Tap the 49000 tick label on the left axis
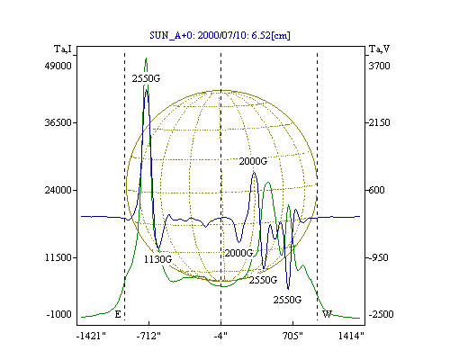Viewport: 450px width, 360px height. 58,66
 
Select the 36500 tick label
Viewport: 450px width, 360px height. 58,122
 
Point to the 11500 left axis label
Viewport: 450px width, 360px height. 58,257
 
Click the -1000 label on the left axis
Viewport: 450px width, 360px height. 59,314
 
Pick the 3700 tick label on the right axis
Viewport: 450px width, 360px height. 379,66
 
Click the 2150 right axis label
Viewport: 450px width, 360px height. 379,122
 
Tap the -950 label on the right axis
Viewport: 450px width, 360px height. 378,257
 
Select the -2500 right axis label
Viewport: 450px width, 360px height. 381,314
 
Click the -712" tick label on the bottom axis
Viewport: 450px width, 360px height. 148,336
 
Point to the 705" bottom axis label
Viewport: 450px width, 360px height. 292,336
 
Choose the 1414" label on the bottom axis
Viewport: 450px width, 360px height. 351,336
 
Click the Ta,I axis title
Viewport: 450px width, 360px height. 63,49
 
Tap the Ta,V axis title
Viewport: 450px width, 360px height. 380,49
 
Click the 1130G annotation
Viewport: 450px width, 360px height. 157,259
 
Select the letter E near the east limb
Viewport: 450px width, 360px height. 118,314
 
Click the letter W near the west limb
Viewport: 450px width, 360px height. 327,314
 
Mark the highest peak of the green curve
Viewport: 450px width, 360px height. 146,58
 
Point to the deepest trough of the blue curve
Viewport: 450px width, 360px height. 288,289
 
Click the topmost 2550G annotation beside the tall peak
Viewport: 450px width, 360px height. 146,78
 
